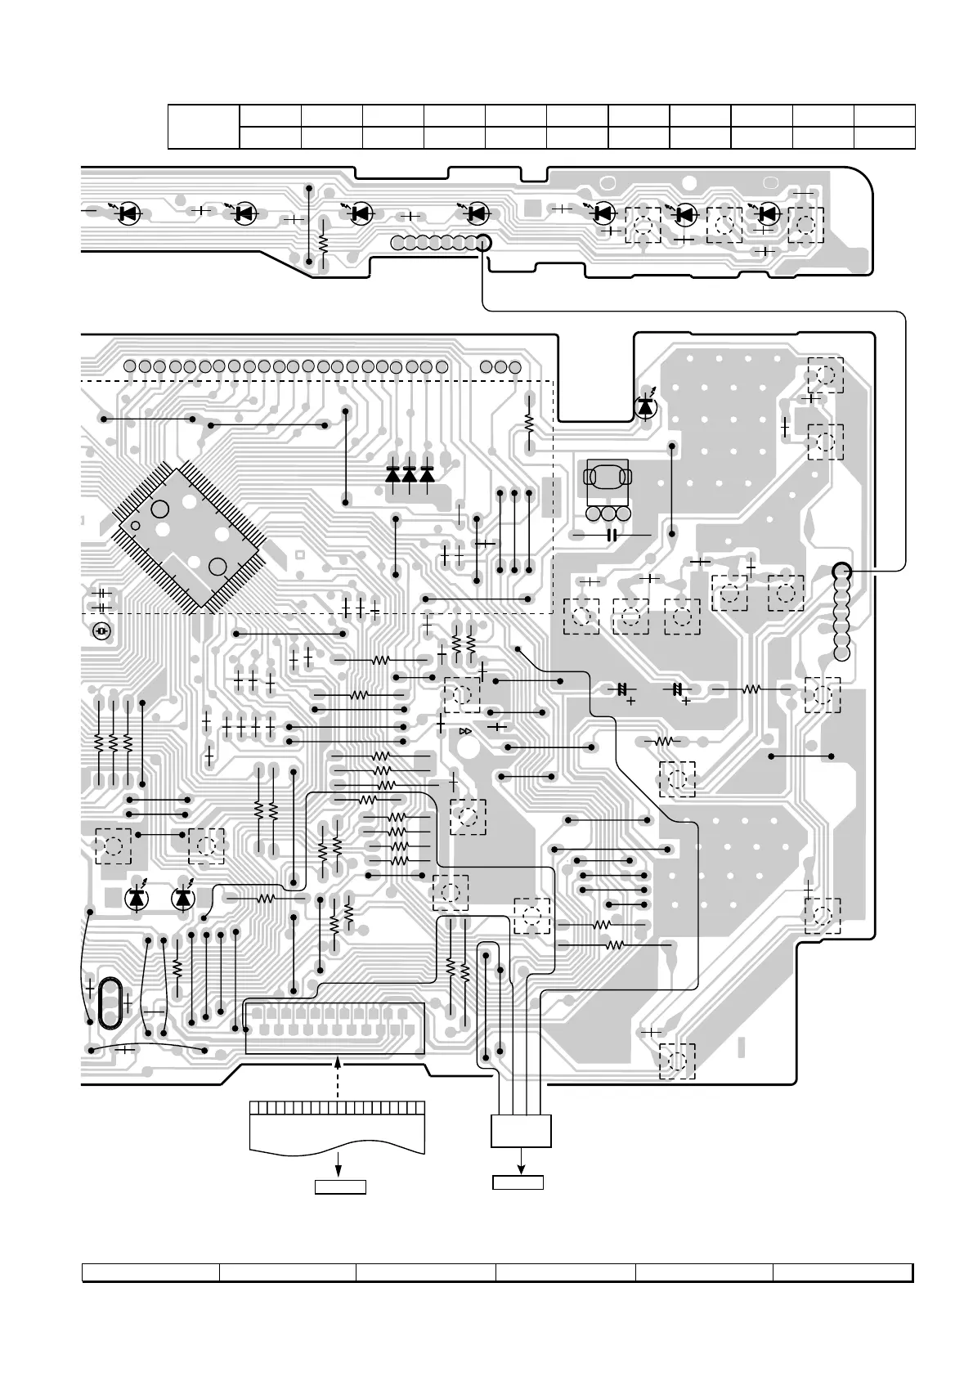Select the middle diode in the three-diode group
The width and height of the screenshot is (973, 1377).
coord(409,473)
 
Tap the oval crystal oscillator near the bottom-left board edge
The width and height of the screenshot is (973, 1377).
coord(109,1001)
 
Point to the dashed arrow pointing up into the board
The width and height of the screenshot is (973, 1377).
coord(339,1079)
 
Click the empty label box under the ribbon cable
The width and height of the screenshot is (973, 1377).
coord(340,1186)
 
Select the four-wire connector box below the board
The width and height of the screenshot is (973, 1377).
coord(521,1131)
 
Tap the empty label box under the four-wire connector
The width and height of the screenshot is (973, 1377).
coord(518,1182)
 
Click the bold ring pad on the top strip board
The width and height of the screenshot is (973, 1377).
coord(482,243)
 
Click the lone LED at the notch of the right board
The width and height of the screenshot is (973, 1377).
coord(646,406)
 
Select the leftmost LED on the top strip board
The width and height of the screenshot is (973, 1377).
coord(127,213)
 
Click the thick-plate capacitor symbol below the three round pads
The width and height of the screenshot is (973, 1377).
coord(611,535)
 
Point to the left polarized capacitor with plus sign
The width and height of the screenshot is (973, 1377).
coord(621,689)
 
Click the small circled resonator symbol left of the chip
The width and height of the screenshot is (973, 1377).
coord(101,632)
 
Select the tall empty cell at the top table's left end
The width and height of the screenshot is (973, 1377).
coord(204,127)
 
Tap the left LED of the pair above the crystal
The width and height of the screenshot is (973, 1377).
coord(137,898)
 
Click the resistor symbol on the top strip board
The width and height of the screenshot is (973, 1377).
coord(323,242)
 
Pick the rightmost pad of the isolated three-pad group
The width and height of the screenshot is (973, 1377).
coord(514,366)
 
